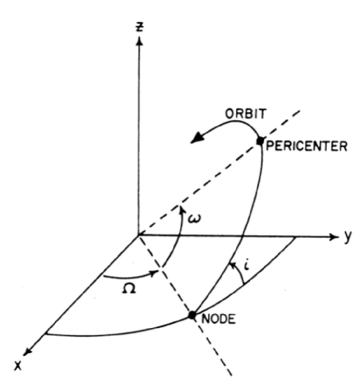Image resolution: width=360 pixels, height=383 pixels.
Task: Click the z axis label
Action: coord(137,26)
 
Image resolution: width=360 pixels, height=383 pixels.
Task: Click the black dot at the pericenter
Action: coord(259,141)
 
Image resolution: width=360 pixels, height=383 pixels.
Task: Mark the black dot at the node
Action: coord(192,316)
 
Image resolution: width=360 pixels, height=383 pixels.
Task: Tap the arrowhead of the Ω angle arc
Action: coord(156,275)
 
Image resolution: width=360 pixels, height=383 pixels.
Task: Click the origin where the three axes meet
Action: coord(137,236)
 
